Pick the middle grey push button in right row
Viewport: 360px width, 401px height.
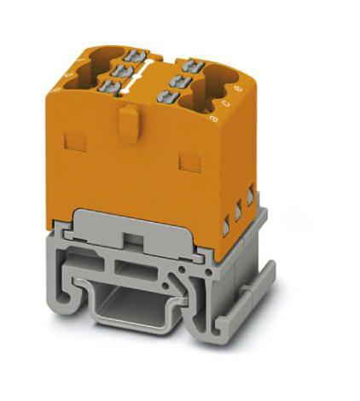click(x=178, y=78)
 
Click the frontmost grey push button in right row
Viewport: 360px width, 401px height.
click(x=162, y=96)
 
